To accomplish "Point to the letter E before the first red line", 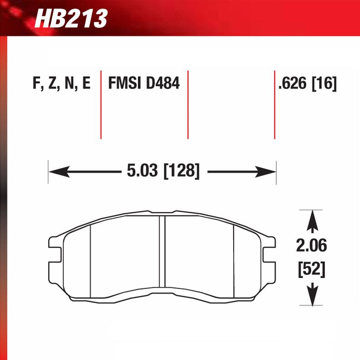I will (86, 84).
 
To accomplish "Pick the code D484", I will (162, 84).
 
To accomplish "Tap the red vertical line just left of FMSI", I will (100, 105).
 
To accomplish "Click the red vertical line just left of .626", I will (274, 105).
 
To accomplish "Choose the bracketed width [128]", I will (181, 171).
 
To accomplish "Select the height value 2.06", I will (311, 247).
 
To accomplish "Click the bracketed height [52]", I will (311, 270).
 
